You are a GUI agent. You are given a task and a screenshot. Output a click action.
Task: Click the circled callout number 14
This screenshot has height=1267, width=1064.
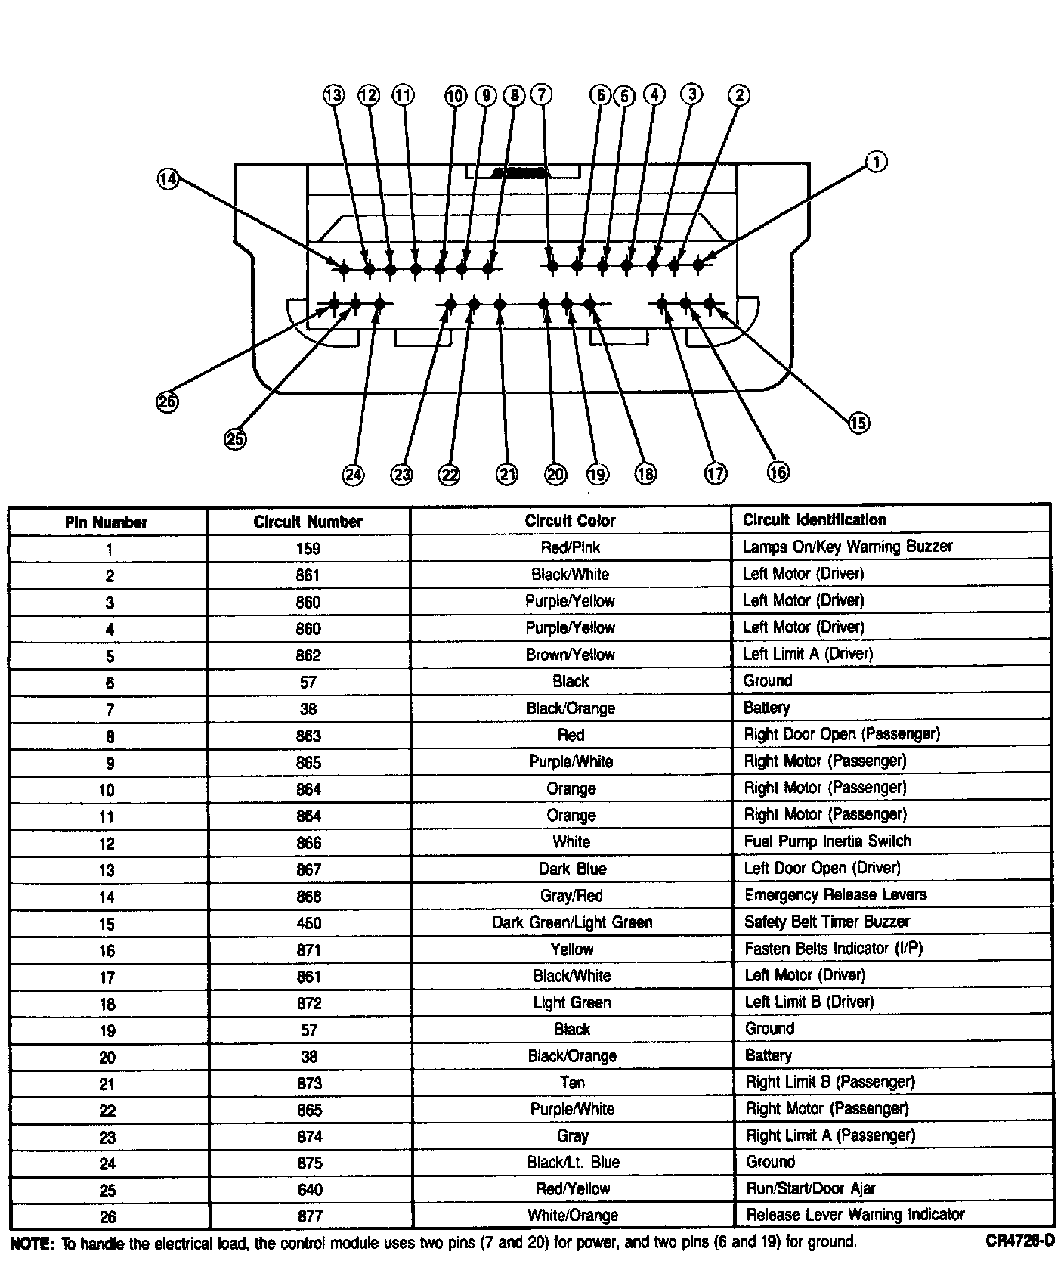168,179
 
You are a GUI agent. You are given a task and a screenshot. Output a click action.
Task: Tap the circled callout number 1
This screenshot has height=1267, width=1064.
876,162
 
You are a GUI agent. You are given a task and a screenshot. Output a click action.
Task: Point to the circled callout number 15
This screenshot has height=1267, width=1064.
858,423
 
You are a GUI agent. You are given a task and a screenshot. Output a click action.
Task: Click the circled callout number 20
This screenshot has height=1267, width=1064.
555,474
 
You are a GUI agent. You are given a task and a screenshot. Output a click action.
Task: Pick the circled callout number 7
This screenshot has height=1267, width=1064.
541,94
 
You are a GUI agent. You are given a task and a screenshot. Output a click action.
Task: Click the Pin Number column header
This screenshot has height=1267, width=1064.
106,522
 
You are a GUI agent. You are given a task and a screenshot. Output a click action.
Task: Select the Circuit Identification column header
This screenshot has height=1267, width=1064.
814,519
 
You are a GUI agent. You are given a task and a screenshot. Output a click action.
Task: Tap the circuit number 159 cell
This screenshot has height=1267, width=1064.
308,549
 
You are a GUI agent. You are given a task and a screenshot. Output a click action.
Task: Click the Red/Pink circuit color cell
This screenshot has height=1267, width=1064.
571,547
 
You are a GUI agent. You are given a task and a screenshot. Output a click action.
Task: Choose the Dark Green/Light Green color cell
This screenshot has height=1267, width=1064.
571,922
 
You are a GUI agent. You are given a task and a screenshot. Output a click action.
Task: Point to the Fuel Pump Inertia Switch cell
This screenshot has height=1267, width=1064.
827,841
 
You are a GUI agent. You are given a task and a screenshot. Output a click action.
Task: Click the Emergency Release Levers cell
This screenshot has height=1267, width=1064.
835,895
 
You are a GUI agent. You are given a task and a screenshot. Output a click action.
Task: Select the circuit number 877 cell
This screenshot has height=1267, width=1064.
309,1216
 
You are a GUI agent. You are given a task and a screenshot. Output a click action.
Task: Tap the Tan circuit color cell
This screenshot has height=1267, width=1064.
572,1083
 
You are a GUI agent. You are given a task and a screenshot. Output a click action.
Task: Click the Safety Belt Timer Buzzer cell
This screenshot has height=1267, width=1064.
827,922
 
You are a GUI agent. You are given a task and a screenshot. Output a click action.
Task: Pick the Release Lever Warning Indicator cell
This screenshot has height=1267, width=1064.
855,1215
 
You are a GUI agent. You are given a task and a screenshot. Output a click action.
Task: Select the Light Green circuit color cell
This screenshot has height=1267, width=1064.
571,1002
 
